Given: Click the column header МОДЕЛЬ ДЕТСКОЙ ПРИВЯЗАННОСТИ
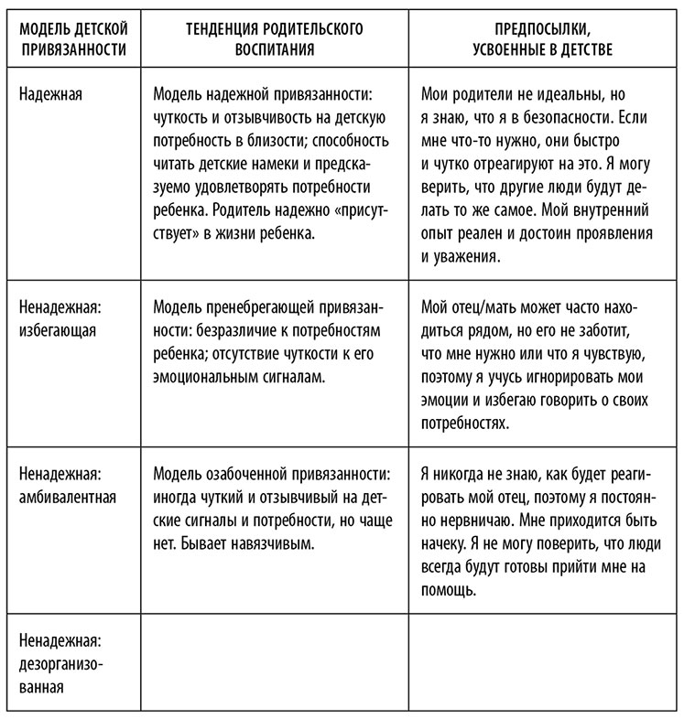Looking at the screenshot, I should pyautogui.click(x=72, y=38).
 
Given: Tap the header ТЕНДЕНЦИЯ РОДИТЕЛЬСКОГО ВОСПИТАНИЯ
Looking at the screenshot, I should pyautogui.click(x=274, y=38).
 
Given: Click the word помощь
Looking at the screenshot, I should pyautogui.click(x=450, y=591).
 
